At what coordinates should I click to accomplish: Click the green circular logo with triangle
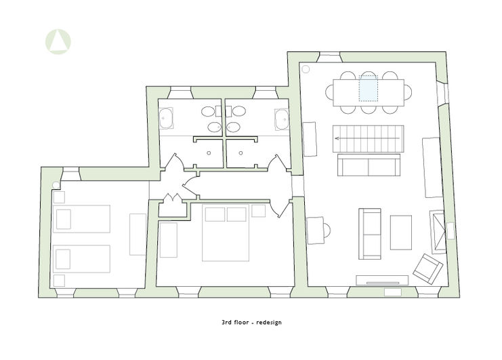pos(58,41)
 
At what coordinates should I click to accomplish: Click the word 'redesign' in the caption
pos(269,322)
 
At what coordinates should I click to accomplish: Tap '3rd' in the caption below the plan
pos(226,322)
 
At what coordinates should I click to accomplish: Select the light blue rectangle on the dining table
pos(369,89)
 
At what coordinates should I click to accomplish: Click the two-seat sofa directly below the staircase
pos(369,165)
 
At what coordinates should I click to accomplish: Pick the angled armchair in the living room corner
pos(427,268)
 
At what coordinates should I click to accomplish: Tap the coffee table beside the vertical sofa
pos(401,233)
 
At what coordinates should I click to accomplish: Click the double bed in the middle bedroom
pos(226,233)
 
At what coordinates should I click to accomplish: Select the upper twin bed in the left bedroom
pos(82,219)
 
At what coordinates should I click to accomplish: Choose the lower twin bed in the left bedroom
pos(82,259)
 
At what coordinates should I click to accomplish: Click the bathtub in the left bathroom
pos(166,118)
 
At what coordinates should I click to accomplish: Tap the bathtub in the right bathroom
pos(282,119)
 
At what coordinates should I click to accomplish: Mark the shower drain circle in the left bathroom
pos(209,153)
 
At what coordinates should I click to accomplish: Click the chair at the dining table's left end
pos(329,93)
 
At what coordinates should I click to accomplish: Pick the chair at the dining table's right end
pos(408,93)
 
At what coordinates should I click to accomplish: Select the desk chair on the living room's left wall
pos(327,231)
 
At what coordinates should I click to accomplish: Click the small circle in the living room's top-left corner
pos(306,69)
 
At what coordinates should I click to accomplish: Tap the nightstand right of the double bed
pos(258,211)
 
